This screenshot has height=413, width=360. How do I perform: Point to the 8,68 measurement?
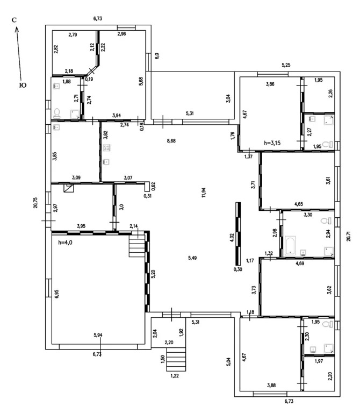pos(171,141)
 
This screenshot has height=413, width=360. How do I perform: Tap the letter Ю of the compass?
pos(22,85)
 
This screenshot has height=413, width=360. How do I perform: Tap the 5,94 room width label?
pos(98,335)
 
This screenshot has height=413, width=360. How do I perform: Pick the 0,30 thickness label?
pos(237,269)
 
